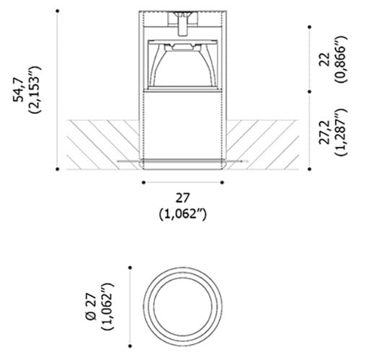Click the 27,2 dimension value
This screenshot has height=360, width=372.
tap(324, 132)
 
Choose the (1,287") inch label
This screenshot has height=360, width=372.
tap(340, 132)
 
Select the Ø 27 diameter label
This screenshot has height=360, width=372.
tap(90, 306)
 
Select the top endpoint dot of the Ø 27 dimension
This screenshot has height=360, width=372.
tap(130, 268)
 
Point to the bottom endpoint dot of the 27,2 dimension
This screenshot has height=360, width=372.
tap(309, 170)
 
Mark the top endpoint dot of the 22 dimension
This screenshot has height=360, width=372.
tap(309, 27)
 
